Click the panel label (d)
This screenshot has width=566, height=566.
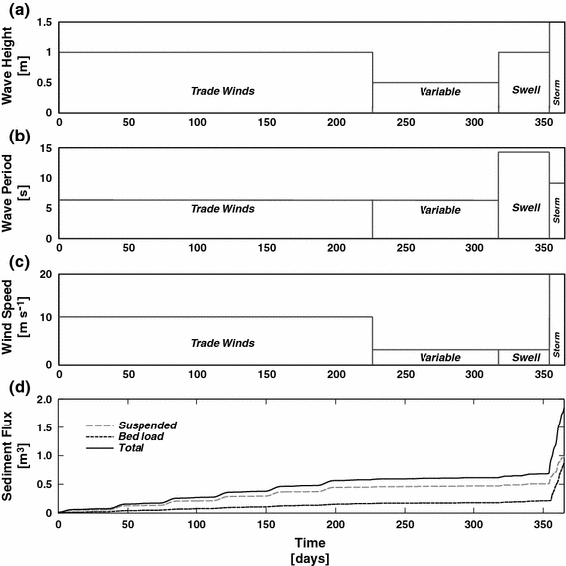click(x=16, y=385)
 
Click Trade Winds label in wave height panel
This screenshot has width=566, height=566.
click(x=223, y=91)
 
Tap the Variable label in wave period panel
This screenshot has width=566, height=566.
click(x=439, y=210)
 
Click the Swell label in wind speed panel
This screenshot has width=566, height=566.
click(x=524, y=356)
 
